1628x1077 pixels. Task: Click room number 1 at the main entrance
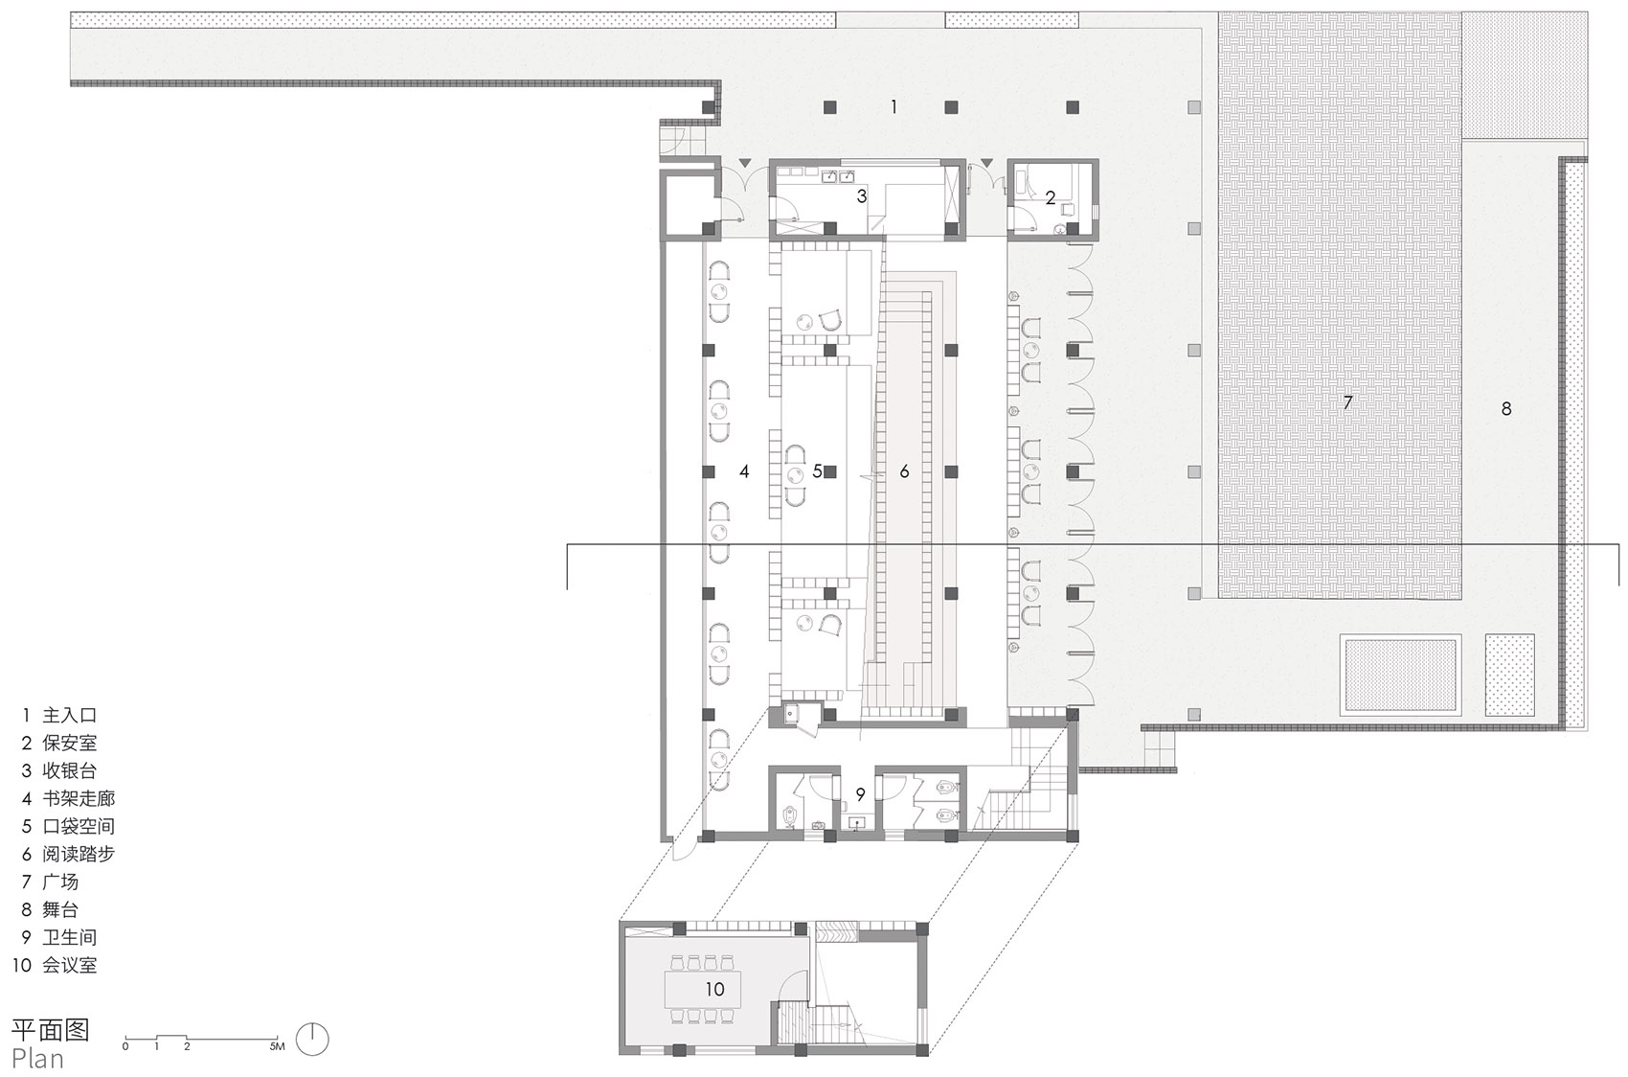893,107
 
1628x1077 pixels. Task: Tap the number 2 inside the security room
1051,197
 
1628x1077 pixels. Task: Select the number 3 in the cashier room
861,195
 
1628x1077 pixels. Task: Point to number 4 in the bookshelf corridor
744,471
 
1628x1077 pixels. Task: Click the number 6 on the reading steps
904,471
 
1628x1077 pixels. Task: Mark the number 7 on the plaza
1347,402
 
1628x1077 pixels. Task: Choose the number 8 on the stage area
1505,409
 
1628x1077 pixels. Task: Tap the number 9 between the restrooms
861,795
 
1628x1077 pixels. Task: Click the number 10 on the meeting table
714,989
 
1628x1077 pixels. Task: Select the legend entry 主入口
70,716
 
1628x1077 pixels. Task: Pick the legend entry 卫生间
70,937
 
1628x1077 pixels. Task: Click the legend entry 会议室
70,965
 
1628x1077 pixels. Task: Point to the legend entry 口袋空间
79,826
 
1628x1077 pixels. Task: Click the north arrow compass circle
312,1040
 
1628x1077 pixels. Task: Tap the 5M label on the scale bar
277,1046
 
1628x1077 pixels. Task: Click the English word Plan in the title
37,1058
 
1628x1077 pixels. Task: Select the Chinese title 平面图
51,1029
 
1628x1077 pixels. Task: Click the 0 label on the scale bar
125,1046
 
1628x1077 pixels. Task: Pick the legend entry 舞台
60,909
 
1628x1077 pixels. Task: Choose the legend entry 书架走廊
79,798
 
